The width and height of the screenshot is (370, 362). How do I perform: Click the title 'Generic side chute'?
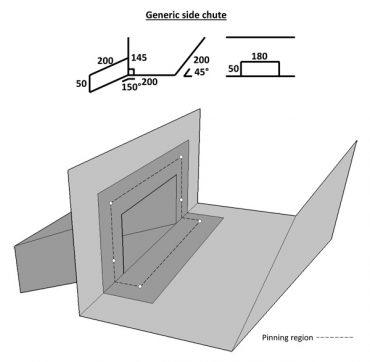(185, 13)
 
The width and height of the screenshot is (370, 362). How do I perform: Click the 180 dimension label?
(260, 56)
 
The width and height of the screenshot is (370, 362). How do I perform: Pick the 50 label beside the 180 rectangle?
(233, 69)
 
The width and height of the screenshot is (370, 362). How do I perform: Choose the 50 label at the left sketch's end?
(81, 83)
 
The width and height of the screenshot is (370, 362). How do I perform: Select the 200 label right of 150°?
(150, 81)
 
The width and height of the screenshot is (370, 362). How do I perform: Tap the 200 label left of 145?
(107, 61)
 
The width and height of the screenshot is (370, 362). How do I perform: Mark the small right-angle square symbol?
(130, 74)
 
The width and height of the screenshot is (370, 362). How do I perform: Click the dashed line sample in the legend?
(333, 339)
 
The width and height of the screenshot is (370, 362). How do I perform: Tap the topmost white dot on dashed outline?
(180, 157)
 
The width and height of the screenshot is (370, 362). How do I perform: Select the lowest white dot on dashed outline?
(141, 287)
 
